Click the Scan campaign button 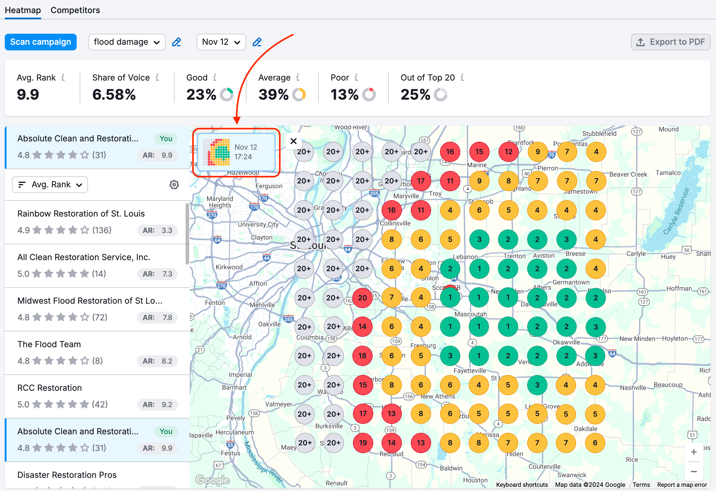point(41,42)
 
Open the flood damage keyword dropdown point(126,42)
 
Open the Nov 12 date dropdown point(221,42)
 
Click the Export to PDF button point(670,42)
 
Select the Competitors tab point(75,10)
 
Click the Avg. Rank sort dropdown point(50,185)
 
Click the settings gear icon point(174,185)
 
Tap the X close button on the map point(293,141)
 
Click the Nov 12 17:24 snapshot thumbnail point(236,152)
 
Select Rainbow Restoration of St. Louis point(81,214)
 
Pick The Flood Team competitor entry point(49,344)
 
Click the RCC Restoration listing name point(49,387)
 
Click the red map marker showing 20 point(362,298)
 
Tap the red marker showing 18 point(362,356)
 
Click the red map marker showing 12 point(508,152)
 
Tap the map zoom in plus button point(694,452)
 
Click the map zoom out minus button point(694,472)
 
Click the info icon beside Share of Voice point(157,77)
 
